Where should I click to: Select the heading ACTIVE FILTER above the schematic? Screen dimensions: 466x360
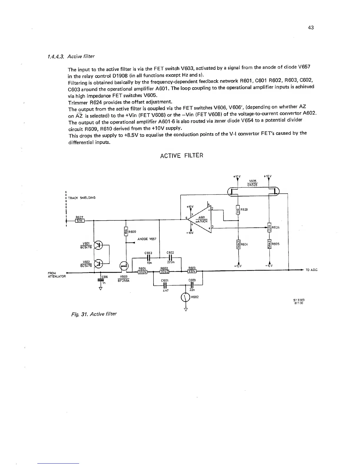[181, 155]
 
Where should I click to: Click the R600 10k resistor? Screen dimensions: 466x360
[126, 232]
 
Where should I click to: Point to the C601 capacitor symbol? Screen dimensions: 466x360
[165, 285]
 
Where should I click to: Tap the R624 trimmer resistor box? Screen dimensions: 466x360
[269, 227]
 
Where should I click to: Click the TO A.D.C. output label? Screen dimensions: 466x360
[312, 270]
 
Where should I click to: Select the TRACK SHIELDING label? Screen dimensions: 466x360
[82, 198]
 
